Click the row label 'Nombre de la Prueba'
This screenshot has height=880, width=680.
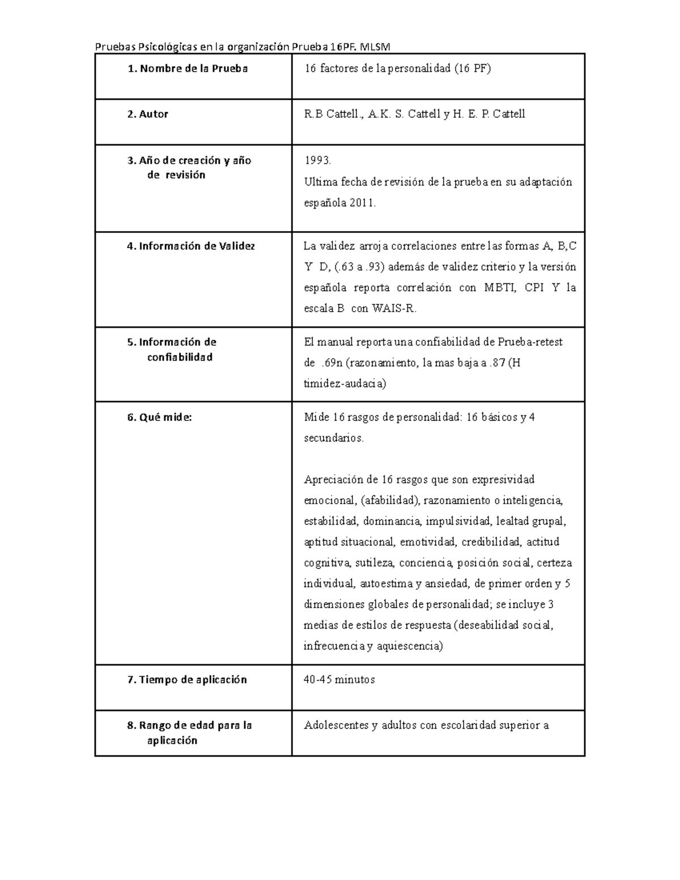[x=193, y=69]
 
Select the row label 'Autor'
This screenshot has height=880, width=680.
[x=154, y=114]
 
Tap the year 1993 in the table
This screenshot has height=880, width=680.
[x=317, y=161]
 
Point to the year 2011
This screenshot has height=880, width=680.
[x=362, y=203]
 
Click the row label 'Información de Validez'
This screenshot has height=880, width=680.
[x=197, y=246]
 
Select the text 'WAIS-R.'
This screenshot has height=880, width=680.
[x=394, y=309]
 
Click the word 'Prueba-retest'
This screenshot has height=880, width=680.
[x=530, y=342]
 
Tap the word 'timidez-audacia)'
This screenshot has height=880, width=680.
[x=345, y=384]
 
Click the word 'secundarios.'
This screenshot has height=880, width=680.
[x=334, y=438]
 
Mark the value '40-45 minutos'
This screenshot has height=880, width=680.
[x=339, y=680]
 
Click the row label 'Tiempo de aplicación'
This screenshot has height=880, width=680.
[x=193, y=680]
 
